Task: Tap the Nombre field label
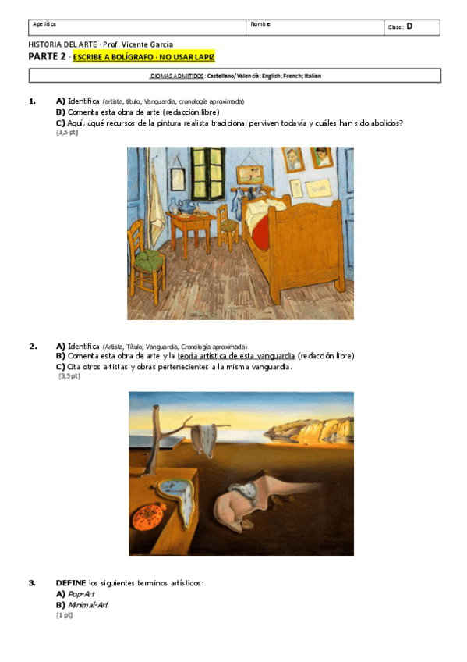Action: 260,24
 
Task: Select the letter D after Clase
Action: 409,27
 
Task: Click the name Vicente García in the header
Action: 149,44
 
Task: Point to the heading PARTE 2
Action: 47,57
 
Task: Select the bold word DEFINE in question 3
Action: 71,583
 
